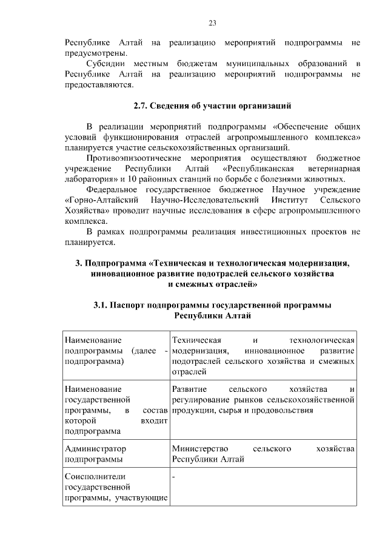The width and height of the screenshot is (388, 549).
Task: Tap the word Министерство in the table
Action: click(x=201, y=448)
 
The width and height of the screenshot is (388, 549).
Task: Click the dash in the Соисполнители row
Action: click(x=173, y=477)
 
